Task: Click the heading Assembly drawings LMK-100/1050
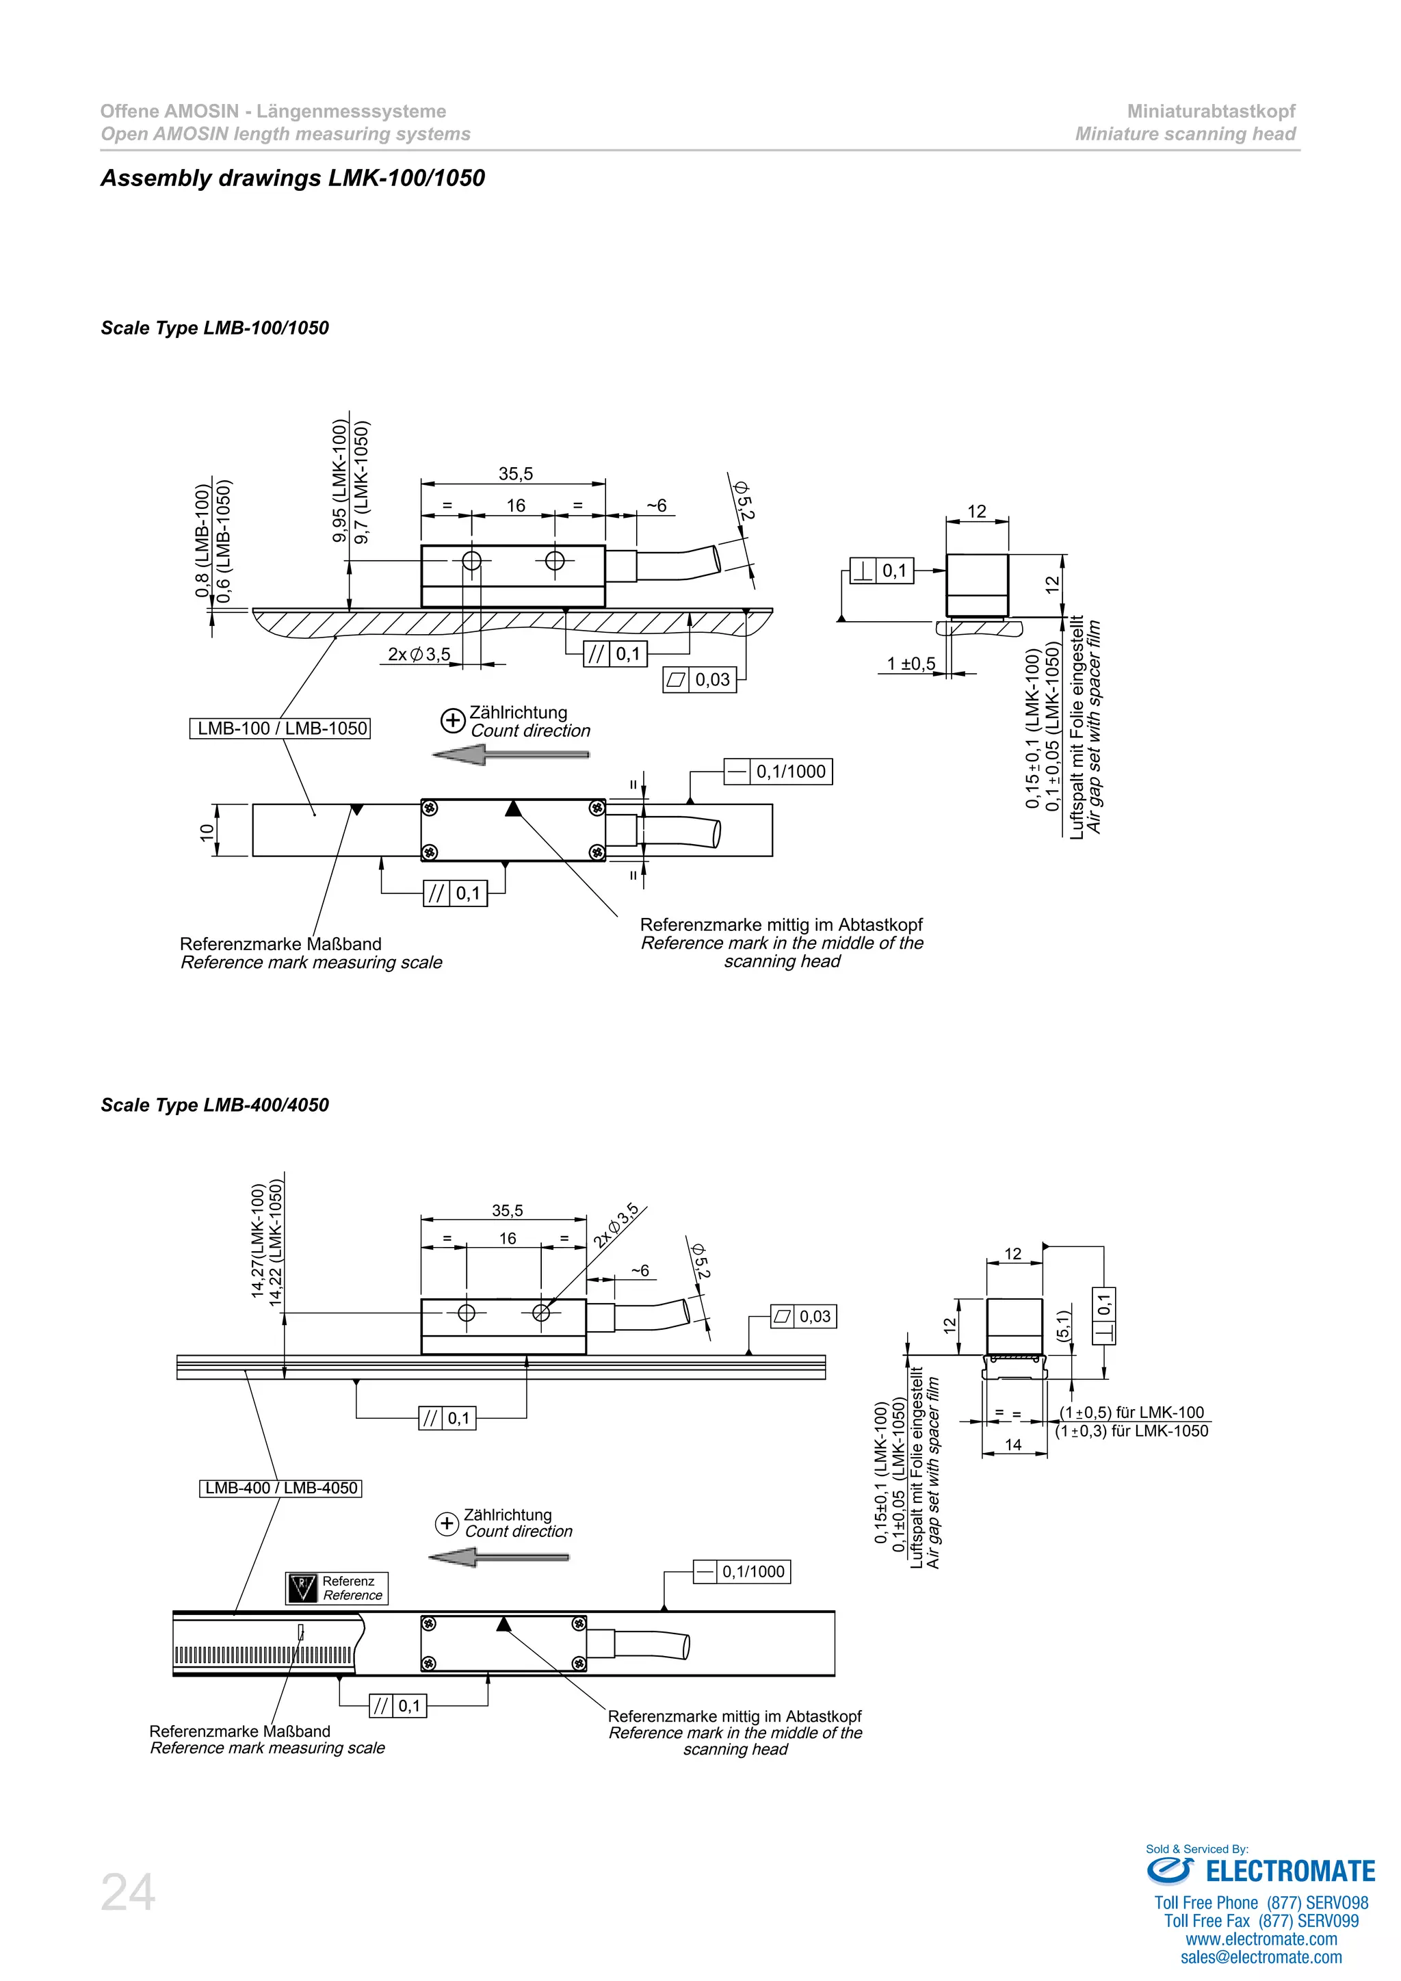[x=293, y=178]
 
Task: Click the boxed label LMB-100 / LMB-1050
[x=280, y=729]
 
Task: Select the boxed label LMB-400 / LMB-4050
[x=280, y=1488]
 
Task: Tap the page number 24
[x=128, y=1893]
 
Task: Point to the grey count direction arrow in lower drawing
[x=498, y=1558]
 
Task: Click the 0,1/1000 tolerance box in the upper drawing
[x=778, y=772]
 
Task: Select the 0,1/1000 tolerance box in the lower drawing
[x=742, y=1571]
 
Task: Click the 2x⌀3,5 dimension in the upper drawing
[x=419, y=654]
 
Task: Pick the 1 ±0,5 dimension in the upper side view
[x=911, y=664]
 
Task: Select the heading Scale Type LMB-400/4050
[x=215, y=1105]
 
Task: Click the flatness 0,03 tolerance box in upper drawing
[x=700, y=680]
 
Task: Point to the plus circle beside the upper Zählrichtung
[x=452, y=720]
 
